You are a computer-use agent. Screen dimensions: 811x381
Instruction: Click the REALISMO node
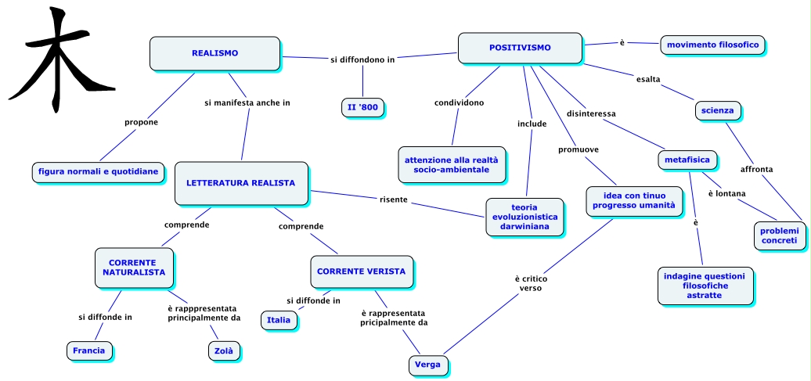click(x=214, y=53)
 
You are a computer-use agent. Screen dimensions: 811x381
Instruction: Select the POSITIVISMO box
click(x=520, y=48)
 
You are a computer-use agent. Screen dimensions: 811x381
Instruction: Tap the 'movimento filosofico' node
click(x=712, y=45)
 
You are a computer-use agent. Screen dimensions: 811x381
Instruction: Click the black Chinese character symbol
click(x=62, y=59)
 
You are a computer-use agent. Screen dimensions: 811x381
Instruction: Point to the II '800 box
click(x=362, y=108)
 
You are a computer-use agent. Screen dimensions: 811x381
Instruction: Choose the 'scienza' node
click(x=717, y=110)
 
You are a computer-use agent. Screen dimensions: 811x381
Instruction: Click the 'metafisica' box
click(x=687, y=160)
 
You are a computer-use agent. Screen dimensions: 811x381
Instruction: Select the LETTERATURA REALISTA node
click(x=241, y=183)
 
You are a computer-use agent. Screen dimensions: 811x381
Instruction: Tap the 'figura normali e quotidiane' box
click(x=99, y=172)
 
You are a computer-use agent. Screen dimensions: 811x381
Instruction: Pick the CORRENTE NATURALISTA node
click(x=134, y=268)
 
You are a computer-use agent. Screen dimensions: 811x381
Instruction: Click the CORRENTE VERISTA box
click(x=362, y=271)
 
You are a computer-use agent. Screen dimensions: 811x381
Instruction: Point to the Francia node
click(x=89, y=351)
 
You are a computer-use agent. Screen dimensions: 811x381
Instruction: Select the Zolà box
click(x=224, y=351)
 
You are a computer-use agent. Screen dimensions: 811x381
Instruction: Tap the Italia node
click(x=279, y=320)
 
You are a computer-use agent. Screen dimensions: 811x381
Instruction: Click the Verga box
click(x=427, y=365)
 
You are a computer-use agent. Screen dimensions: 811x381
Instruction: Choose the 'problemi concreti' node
click(x=780, y=235)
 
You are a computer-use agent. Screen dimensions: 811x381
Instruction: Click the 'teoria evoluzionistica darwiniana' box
click(x=524, y=217)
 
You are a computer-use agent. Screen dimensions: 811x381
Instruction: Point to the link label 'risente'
click(x=394, y=199)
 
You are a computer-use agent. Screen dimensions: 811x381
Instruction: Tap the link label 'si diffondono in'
click(x=362, y=59)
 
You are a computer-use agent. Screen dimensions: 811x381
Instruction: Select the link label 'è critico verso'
click(x=532, y=284)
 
